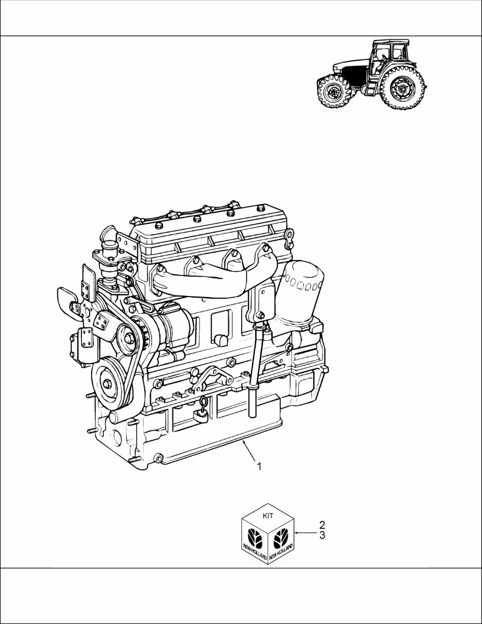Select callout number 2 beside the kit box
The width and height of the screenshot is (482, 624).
(x=322, y=524)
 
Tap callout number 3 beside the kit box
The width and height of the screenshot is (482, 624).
(x=322, y=535)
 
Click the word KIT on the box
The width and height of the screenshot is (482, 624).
(x=268, y=516)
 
